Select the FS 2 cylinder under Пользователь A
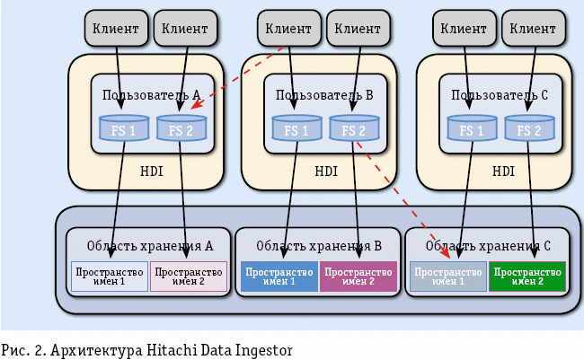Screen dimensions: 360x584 click(181, 130)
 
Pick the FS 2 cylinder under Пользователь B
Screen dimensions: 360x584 click(354, 130)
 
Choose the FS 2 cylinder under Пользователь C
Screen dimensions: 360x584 click(527, 130)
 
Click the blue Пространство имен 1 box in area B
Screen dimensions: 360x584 click(279, 277)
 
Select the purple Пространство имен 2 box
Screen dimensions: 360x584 click(358, 277)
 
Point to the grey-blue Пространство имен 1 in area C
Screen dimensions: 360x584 click(447, 277)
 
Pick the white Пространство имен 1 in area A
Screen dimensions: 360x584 click(110, 277)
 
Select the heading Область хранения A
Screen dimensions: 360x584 click(149, 245)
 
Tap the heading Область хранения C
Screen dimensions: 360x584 click(487, 245)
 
